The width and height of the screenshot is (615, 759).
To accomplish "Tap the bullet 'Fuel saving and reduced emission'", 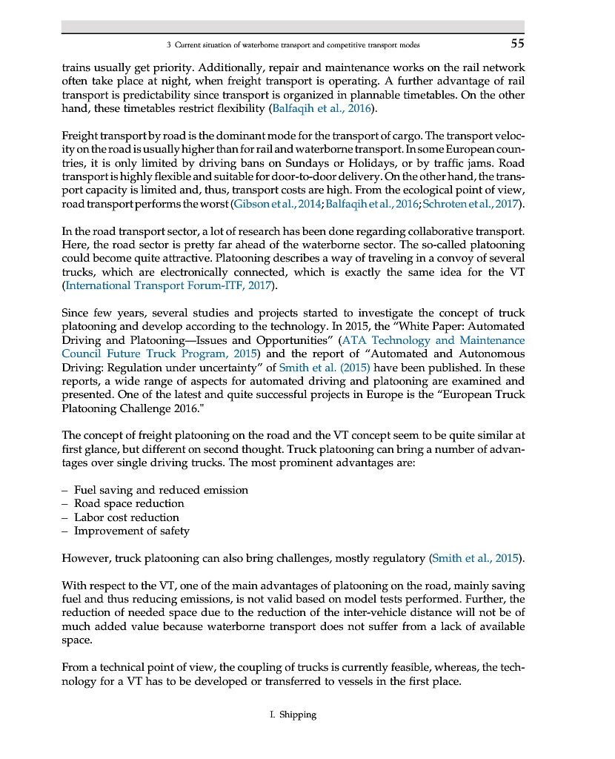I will [x=161, y=490].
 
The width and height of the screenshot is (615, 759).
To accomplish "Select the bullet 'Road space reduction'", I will [x=129, y=503].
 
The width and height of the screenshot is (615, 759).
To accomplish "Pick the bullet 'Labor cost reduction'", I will [x=127, y=517].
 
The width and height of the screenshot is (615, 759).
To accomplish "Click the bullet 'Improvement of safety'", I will [x=132, y=531].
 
